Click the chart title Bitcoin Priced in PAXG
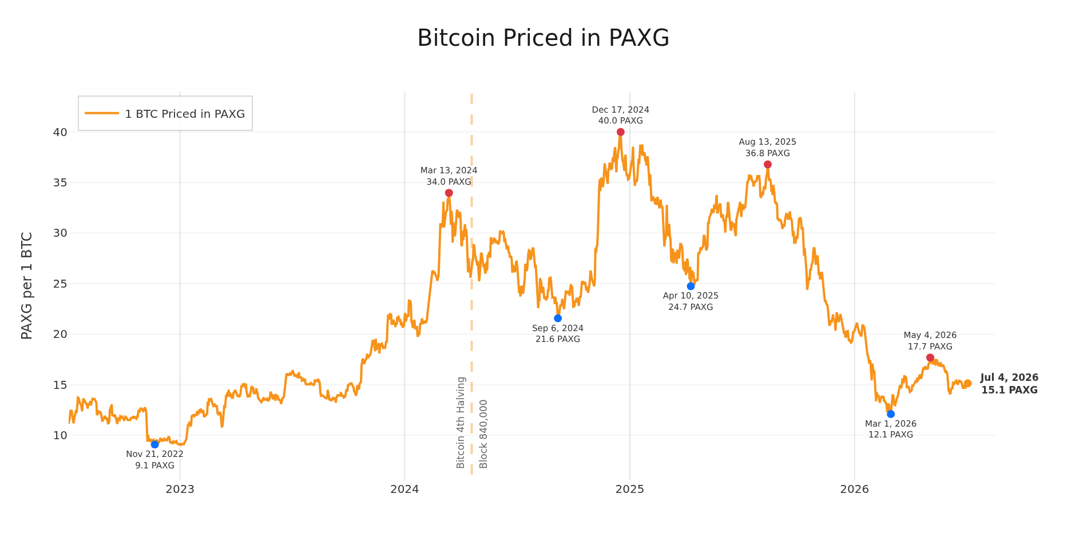543,38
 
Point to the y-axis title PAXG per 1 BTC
27,285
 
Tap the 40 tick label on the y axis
60,132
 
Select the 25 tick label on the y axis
60,284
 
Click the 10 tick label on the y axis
60,435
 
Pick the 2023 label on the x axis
180,490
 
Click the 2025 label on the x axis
630,490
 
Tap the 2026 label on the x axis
855,490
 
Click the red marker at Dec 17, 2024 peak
621,132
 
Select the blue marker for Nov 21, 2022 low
154,444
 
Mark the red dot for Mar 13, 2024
449,193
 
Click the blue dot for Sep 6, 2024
558,318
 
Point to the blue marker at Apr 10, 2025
691,286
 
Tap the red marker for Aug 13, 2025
768,165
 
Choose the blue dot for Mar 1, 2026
891,414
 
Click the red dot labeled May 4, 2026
930,357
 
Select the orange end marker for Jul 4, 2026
967,384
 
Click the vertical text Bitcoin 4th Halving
461,423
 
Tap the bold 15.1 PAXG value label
1009,391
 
